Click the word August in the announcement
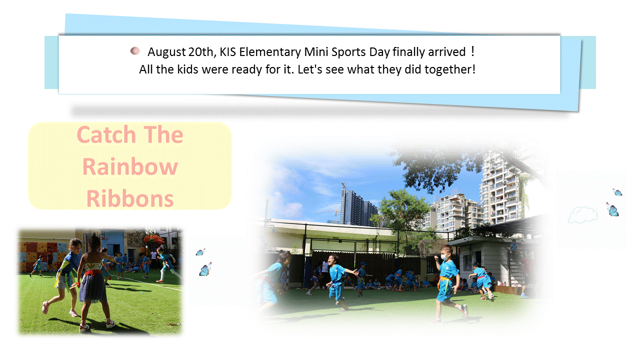pos(166,52)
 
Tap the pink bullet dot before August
pos(135,51)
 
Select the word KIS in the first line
pos(227,52)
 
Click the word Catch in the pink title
pos(106,134)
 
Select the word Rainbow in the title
pos(130,167)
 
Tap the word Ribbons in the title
pos(130,199)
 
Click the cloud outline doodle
pos(583,214)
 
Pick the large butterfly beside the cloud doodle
pos(612,209)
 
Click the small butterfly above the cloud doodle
pos(617,192)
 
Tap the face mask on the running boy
pos(444,257)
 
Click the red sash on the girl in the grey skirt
pos(92,272)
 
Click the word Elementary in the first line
pos(270,52)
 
